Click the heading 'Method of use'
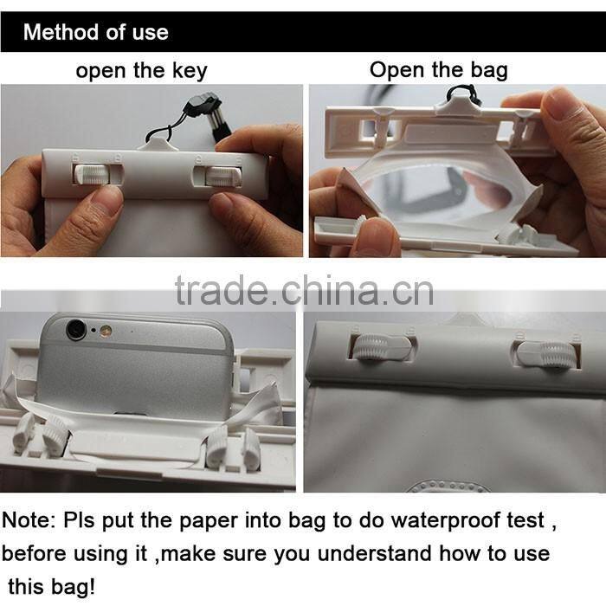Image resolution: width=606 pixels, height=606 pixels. tap(95, 33)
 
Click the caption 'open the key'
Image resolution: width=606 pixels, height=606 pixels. tap(141, 71)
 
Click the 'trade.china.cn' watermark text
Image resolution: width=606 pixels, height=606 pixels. tap(303, 292)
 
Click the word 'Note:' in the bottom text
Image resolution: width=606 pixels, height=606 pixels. tap(30, 520)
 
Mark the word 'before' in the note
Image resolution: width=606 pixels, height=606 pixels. tap(38, 552)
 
